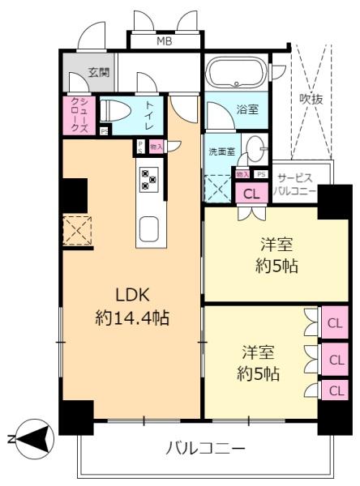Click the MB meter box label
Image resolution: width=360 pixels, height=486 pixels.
click(x=165, y=40)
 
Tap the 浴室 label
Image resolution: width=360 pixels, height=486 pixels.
click(x=248, y=109)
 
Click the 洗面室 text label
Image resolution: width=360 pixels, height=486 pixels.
click(x=220, y=150)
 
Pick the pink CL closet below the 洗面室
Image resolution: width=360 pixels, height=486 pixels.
click(x=251, y=193)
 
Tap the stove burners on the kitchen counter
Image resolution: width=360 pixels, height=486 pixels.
click(x=149, y=178)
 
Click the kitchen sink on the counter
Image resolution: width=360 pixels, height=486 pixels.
click(x=150, y=229)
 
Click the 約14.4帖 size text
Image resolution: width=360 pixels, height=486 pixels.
click(x=131, y=318)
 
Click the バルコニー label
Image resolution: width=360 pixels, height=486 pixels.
click(x=205, y=446)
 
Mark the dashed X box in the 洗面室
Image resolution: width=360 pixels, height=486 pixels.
click(x=217, y=188)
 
